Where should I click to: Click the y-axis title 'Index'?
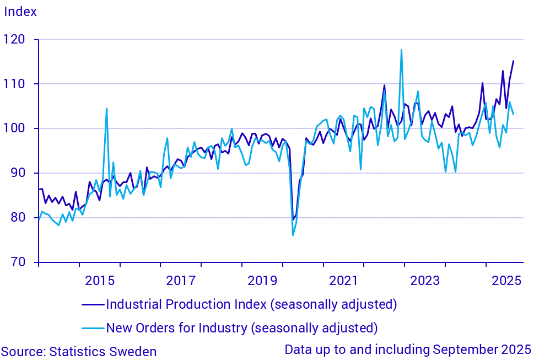20,12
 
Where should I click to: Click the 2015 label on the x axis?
100,280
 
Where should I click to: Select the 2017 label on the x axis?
181,280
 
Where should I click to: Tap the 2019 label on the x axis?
262,280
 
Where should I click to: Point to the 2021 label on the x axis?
343,280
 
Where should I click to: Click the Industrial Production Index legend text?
251,304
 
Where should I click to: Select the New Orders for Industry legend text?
241,328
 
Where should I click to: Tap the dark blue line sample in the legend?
93,304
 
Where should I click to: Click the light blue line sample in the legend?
93,329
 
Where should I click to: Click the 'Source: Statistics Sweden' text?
79,351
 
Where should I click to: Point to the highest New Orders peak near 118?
401,50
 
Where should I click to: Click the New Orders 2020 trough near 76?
293,235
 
